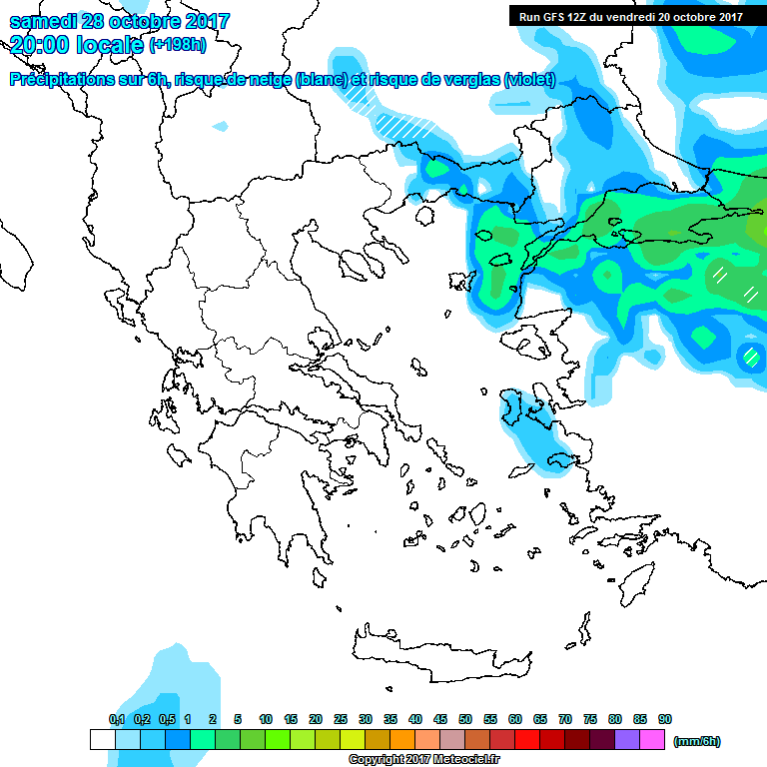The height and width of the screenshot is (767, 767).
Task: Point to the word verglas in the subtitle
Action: coord(467,80)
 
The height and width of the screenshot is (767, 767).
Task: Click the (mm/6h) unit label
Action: coord(696,741)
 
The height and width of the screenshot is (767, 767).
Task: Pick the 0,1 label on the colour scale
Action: coord(116,720)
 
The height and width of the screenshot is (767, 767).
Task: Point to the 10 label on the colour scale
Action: coord(266,720)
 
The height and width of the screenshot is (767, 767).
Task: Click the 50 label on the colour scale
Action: coord(465,720)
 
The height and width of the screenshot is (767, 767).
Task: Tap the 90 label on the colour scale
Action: coord(665,720)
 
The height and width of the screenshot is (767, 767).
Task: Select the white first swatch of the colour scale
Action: coord(103,740)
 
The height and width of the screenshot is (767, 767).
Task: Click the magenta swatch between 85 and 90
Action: coord(652,740)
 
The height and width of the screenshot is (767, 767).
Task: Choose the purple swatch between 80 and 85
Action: coord(627,740)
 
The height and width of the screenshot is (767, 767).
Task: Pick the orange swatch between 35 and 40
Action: coord(402,740)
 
